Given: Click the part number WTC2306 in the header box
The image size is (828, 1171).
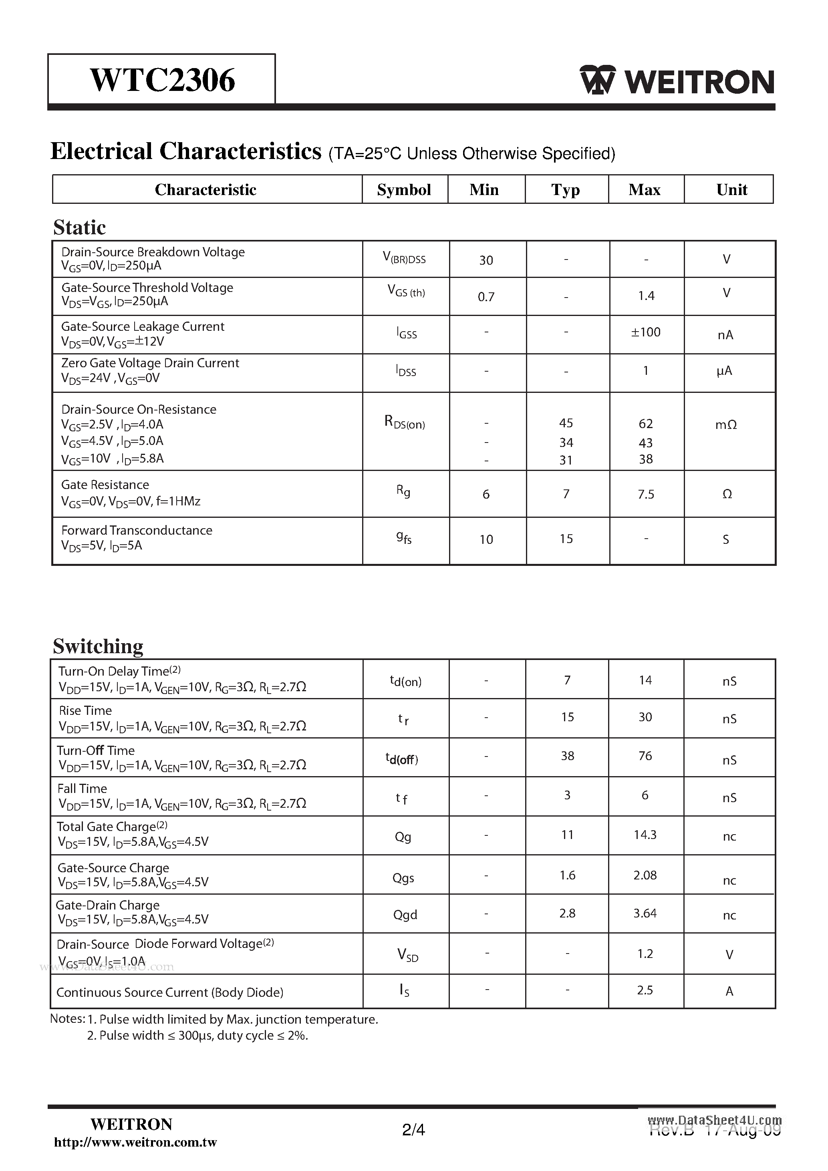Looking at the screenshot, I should pyautogui.click(x=162, y=80).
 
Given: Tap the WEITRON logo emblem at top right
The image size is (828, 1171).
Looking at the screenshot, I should pyautogui.click(x=597, y=80).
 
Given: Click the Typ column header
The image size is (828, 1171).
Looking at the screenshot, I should pyautogui.click(x=565, y=190).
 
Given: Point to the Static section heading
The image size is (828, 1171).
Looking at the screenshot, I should pyautogui.click(x=80, y=227).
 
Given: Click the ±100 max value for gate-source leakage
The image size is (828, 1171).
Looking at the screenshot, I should pyautogui.click(x=645, y=332).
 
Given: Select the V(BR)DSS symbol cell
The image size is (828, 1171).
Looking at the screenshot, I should pyautogui.click(x=404, y=259).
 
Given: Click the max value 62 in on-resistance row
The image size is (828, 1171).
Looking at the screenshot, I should pyautogui.click(x=645, y=424).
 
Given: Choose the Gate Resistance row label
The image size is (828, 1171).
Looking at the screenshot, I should pyautogui.click(x=105, y=485).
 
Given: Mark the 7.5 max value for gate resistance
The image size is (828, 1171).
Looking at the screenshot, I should pyautogui.click(x=645, y=494).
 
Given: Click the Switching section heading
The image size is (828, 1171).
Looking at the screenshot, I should pyautogui.click(x=98, y=646).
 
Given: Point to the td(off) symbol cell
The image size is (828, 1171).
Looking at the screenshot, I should pyautogui.click(x=401, y=759).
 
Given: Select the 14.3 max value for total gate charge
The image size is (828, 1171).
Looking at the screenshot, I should pyautogui.click(x=645, y=835).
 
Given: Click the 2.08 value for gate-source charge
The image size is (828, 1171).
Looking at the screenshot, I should pyautogui.click(x=645, y=875).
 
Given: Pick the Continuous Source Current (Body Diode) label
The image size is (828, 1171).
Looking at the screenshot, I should pyautogui.click(x=170, y=992).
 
